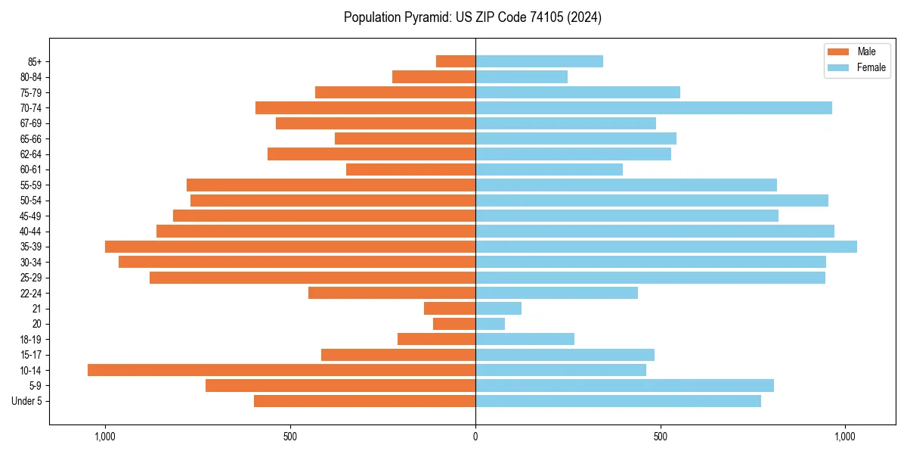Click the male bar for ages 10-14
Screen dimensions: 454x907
(x=281, y=370)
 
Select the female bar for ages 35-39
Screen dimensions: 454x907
(x=666, y=247)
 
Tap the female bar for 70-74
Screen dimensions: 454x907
(x=654, y=107)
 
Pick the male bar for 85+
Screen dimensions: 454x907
(x=456, y=61)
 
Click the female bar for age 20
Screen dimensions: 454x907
(x=490, y=324)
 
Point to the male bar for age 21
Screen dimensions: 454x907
(x=450, y=308)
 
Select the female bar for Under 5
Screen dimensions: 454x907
(x=618, y=401)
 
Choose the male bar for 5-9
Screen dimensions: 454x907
(x=340, y=386)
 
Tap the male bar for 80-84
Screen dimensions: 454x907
(x=434, y=76)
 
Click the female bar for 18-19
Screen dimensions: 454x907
(x=525, y=339)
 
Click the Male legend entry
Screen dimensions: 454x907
(x=855, y=51)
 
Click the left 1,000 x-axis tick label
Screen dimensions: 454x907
(x=104, y=437)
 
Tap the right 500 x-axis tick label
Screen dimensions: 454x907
(x=660, y=437)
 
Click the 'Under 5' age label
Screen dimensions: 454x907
(x=27, y=401)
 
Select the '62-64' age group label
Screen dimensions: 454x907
(x=31, y=154)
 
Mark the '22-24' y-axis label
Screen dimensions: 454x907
(x=31, y=293)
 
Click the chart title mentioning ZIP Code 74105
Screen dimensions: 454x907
(x=472, y=17)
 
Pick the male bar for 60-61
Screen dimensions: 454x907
(x=410, y=169)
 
